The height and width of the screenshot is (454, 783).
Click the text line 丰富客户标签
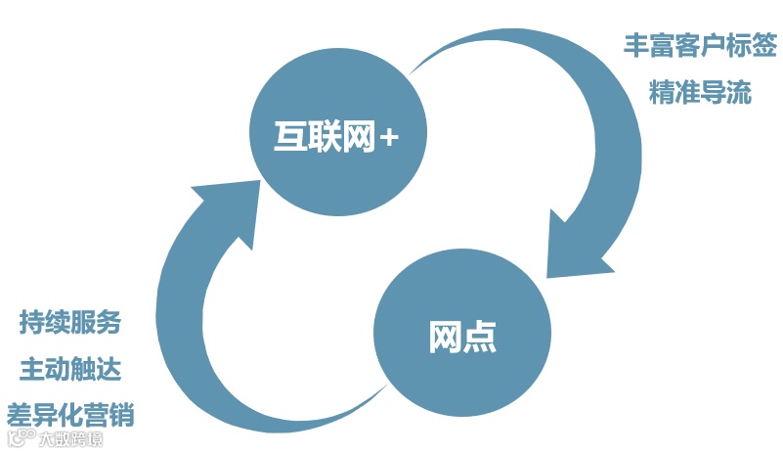pyautogui.click(x=700, y=45)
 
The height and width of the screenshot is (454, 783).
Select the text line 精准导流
pyautogui.click(x=700, y=93)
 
